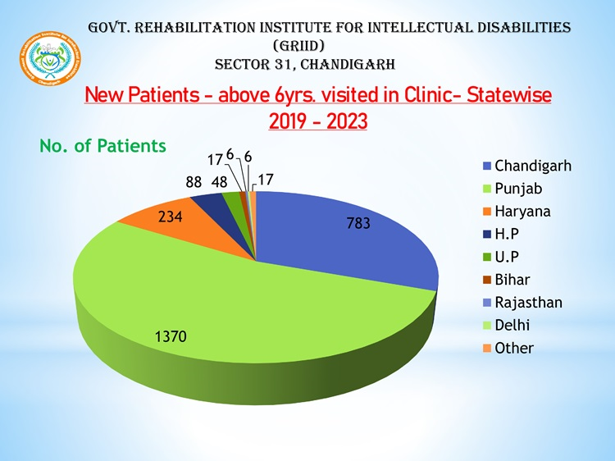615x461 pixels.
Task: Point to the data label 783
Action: (359, 222)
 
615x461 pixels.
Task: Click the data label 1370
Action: (171, 335)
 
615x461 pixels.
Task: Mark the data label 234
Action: (170, 217)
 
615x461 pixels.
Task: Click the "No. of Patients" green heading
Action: (102, 146)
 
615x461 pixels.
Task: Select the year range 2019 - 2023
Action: (317, 121)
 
